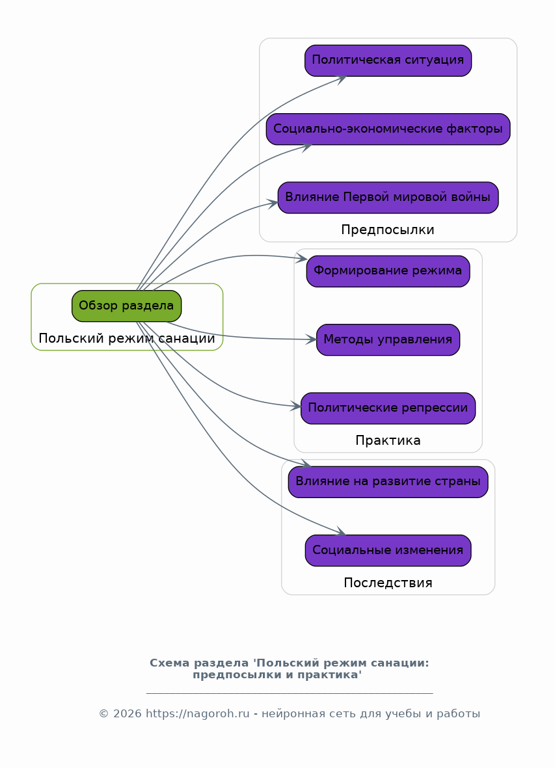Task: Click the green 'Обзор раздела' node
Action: coord(126,306)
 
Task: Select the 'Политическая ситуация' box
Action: coord(388,60)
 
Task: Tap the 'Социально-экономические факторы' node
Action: coord(388,129)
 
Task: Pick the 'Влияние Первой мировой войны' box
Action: coord(388,198)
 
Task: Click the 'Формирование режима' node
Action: coord(388,271)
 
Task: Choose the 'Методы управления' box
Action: coord(388,340)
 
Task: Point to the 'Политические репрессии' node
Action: coord(388,408)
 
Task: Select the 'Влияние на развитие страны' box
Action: coord(388,482)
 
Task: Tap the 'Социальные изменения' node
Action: coord(388,551)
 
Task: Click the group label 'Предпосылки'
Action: coord(388,230)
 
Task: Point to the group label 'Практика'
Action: coord(388,440)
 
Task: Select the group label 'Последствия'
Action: coord(388,583)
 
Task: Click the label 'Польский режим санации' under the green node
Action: coord(127,338)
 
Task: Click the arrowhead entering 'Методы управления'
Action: coord(312,339)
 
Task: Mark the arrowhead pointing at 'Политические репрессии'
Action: coord(296,406)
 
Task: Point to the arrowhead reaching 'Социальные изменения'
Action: coord(340,531)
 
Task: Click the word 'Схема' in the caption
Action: coord(169,663)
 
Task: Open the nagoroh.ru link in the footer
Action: coord(197,714)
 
